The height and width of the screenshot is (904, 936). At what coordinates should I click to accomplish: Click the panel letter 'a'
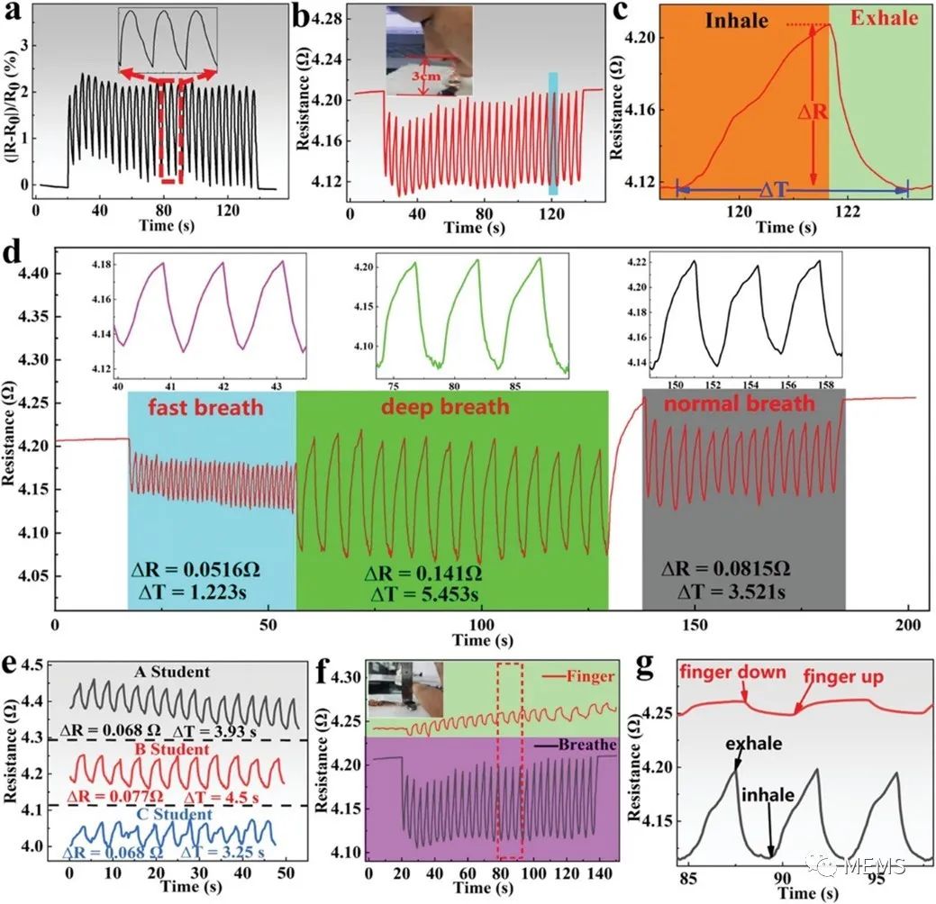pos(12,14)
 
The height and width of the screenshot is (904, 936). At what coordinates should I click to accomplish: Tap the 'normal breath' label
pos(740,404)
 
